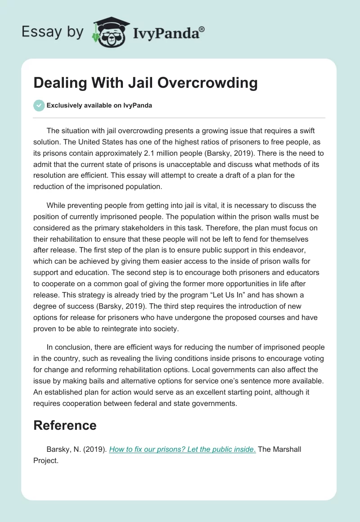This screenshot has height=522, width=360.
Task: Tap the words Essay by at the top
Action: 52,32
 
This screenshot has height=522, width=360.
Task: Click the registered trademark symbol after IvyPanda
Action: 202,30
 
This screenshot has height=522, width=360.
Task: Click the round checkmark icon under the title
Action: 39,105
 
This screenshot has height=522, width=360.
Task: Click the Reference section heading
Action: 65,425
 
